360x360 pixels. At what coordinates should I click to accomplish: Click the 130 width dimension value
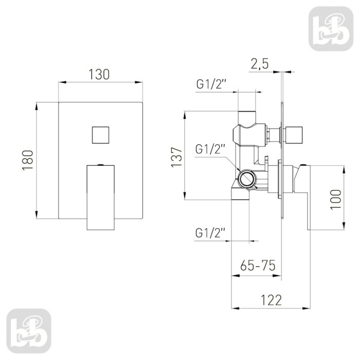point(99,75)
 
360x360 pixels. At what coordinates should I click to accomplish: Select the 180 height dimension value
point(28,160)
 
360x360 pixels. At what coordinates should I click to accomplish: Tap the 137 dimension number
point(177,157)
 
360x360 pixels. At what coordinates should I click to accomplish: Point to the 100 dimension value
point(336,200)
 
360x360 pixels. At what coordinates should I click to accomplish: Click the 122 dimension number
point(271,300)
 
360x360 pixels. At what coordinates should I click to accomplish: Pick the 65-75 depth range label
point(258,266)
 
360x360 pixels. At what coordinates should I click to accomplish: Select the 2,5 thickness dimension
point(259,64)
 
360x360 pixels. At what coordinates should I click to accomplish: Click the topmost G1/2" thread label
point(210,84)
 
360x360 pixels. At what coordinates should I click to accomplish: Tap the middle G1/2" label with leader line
point(209,149)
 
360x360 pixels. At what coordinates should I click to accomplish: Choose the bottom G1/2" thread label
point(209,233)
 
